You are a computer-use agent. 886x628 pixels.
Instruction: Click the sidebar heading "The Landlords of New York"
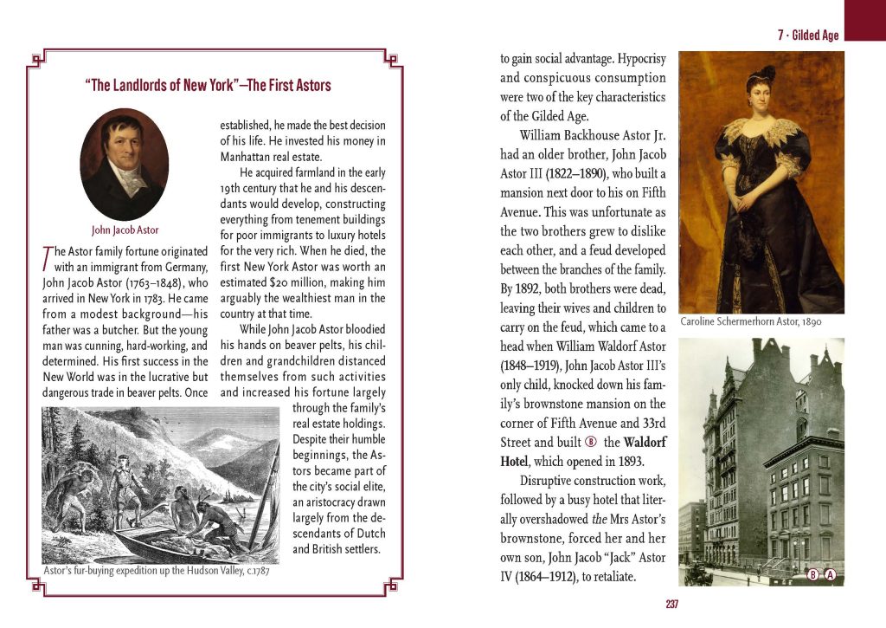[x=208, y=86]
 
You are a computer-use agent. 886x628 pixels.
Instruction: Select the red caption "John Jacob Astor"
[x=125, y=230]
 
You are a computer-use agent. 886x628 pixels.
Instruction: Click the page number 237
[x=672, y=604]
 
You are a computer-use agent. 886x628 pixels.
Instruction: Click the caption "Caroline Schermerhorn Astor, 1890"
[x=750, y=321]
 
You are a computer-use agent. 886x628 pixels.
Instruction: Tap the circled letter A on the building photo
[x=830, y=574]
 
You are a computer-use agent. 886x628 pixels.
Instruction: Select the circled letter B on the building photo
[x=813, y=574]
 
